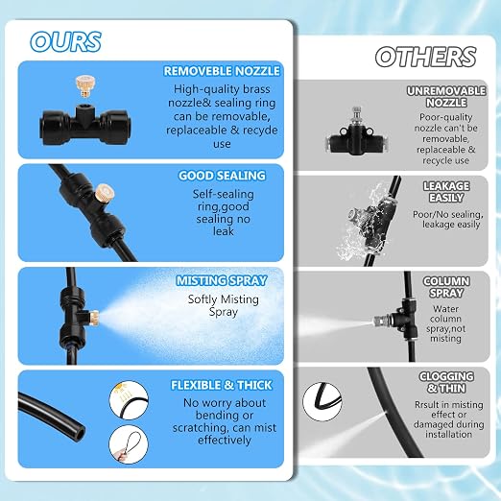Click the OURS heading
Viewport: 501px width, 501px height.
(x=65, y=41)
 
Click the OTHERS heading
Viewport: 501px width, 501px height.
(x=425, y=57)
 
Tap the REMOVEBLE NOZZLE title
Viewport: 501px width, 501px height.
(x=222, y=71)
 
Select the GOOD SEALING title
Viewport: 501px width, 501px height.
(x=222, y=176)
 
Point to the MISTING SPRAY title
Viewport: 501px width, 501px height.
(x=222, y=280)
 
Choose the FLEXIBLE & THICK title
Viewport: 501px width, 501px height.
(x=222, y=385)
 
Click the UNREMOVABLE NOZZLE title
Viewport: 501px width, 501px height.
(x=446, y=97)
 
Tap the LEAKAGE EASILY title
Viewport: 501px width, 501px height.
(x=446, y=192)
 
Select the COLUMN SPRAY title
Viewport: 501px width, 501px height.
(x=446, y=287)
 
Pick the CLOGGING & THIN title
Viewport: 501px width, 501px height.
(x=446, y=382)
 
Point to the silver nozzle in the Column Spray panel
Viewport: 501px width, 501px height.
(x=381, y=320)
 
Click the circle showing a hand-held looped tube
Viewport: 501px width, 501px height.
(x=129, y=444)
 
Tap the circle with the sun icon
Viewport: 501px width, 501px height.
(x=129, y=400)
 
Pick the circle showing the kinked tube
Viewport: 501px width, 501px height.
(x=322, y=401)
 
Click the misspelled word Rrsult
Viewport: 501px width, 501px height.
(x=427, y=405)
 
